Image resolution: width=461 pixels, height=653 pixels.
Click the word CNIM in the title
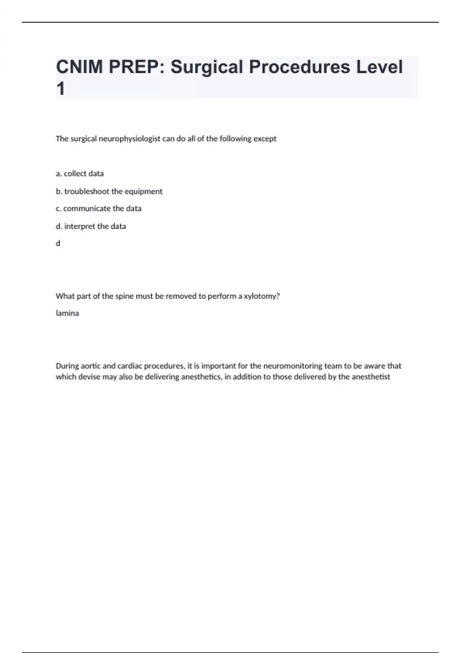click(x=80, y=67)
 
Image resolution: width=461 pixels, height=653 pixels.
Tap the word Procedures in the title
click(x=299, y=67)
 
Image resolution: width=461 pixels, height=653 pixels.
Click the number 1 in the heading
click(x=61, y=89)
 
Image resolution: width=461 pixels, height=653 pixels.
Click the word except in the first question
click(x=265, y=139)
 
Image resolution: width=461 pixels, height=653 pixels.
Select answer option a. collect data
click(x=80, y=174)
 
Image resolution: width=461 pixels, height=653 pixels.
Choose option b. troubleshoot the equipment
click(x=109, y=191)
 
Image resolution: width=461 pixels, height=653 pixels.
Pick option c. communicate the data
click(x=98, y=209)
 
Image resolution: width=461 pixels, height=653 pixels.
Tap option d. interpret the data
click(x=91, y=226)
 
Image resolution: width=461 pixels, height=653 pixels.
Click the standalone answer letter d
click(x=58, y=244)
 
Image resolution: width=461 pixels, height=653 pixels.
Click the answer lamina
click(x=67, y=313)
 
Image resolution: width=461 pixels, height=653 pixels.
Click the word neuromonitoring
click(x=293, y=366)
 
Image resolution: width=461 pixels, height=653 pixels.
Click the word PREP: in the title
click(x=136, y=67)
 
